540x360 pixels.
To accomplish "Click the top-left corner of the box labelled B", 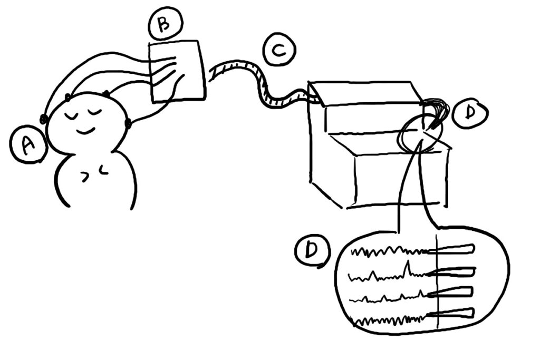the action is [x=149, y=44].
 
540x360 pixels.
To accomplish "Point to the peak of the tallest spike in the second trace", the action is [x=408, y=261].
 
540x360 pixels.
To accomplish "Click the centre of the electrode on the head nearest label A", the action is [x=44, y=119].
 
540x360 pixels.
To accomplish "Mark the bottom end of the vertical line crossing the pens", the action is [x=438, y=328].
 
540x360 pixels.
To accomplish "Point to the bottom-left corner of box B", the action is [x=153, y=102].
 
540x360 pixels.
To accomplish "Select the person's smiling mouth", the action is [x=85, y=131].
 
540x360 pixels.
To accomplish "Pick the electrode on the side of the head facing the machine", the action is [x=128, y=123].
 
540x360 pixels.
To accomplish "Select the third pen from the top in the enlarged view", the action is [x=450, y=292].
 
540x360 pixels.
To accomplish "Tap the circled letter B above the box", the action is [x=165, y=24].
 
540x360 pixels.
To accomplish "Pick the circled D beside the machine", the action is [x=469, y=113].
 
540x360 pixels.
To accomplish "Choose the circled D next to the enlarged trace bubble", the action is [x=312, y=250].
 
